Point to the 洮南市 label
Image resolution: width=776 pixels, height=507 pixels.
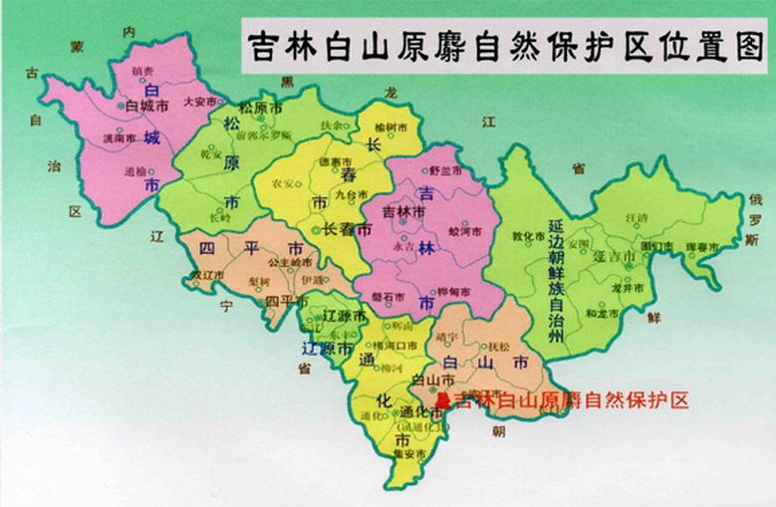(x=119, y=138)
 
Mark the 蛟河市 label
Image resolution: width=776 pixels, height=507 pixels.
(x=466, y=230)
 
